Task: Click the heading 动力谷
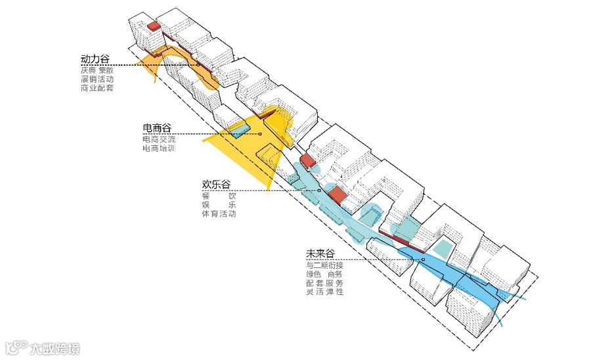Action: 95,59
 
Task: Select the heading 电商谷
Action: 157,127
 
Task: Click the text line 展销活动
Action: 97,78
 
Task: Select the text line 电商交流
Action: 159,139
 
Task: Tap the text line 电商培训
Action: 159,148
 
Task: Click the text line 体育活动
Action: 219,215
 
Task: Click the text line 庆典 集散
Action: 97,69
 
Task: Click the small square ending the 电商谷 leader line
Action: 260,134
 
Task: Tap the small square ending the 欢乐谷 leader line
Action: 318,191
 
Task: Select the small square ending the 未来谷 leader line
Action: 424,259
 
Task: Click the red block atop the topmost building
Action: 154,26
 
